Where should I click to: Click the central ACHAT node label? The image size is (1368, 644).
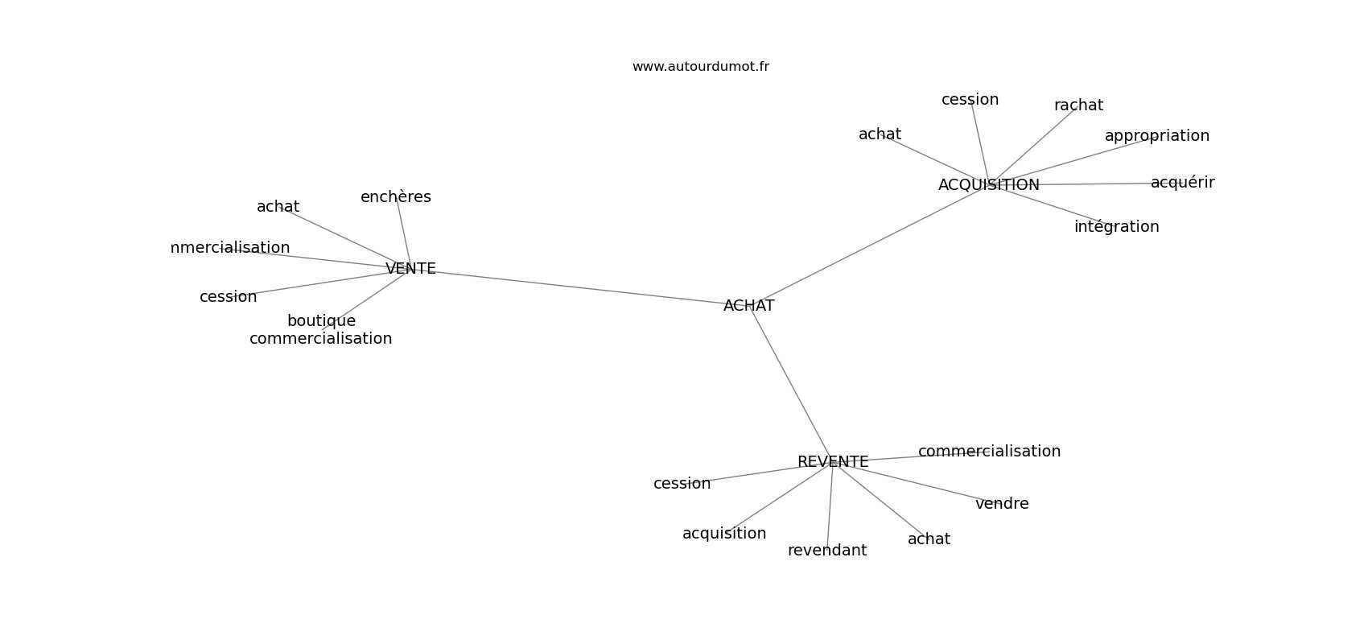tap(748, 306)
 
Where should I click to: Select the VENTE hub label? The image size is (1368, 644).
tap(410, 269)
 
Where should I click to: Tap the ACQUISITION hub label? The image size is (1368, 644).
tap(989, 185)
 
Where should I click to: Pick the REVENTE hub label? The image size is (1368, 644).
tap(833, 462)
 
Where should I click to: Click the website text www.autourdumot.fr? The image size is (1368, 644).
tap(700, 67)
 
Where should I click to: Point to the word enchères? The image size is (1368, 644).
tap(396, 196)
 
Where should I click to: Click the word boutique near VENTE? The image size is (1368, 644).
tap(321, 321)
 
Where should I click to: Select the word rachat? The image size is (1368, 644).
tap(1078, 105)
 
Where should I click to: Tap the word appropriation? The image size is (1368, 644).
tap(1156, 136)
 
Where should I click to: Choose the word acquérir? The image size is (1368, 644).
tap(1182, 183)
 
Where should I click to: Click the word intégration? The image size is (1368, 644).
tap(1116, 227)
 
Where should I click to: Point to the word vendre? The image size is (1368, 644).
tap(1002, 503)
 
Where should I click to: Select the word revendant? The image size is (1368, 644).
tap(827, 551)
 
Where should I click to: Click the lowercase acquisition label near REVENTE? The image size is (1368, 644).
tap(723, 534)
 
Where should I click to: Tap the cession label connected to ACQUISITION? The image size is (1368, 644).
tap(970, 100)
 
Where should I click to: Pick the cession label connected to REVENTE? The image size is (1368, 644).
tap(682, 484)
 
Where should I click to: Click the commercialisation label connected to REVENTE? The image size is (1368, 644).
tap(989, 452)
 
